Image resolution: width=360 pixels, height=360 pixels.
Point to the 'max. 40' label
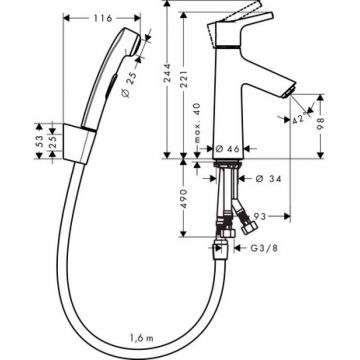click(197, 129)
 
